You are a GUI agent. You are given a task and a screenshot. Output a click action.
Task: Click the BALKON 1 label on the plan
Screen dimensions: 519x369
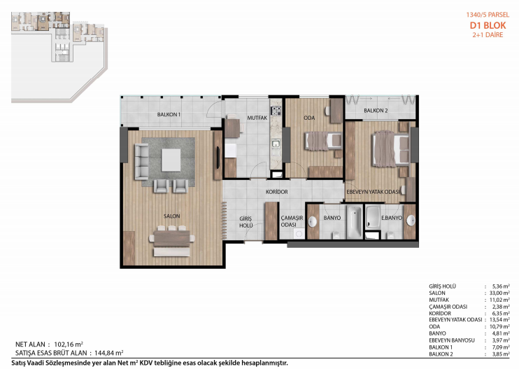(169, 115)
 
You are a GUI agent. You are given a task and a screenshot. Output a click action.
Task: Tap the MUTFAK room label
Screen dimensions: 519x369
(257, 118)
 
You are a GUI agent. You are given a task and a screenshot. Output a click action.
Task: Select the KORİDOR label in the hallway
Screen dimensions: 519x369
(277, 192)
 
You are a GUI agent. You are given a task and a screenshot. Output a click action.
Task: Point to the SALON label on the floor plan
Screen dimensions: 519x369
(171, 216)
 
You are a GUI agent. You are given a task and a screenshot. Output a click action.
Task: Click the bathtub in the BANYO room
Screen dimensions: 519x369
(354, 221)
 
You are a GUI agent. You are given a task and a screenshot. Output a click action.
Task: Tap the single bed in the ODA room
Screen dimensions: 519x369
(322, 141)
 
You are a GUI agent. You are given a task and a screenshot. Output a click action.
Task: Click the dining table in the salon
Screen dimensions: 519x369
(171, 238)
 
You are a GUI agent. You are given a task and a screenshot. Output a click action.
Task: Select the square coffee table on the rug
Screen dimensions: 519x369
(171, 160)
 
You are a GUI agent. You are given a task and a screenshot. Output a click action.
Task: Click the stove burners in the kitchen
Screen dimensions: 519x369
(276, 111)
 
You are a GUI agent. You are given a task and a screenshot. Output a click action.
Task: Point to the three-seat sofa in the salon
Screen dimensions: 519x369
(141, 162)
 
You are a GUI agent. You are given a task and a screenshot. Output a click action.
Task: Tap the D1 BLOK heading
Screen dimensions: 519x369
(488, 25)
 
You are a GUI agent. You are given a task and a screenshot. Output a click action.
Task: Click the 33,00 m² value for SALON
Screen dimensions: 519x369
(500, 293)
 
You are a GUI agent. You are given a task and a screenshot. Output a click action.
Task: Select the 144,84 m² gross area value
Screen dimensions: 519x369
(109, 353)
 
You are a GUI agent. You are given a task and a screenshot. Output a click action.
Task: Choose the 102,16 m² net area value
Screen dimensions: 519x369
(69, 344)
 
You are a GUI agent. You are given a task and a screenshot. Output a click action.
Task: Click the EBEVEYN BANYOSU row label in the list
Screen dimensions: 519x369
(452, 340)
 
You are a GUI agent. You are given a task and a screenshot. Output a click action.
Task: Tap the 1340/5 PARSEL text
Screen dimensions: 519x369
(488, 15)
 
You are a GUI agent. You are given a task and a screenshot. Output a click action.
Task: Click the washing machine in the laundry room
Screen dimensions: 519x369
(299, 234)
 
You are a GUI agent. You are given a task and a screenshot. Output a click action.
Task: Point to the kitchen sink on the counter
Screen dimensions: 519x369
(276, 144)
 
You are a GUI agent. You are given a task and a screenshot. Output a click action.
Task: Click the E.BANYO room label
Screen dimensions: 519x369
(392, 218)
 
